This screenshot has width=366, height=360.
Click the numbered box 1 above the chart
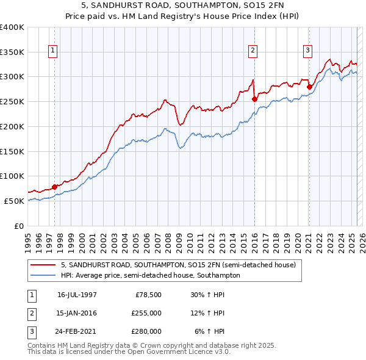click(x=54, y=51)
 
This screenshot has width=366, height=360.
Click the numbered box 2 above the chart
click(x=253, y=51)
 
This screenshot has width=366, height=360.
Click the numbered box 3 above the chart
click(x=308, y=51)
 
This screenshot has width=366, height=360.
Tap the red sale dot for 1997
click(x=54, y=187)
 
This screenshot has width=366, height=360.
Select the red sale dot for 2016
click(x=254, y=99)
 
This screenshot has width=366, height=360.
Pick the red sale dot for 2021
click(x=309, y=87)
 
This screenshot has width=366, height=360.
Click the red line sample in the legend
click(x=43, y=265)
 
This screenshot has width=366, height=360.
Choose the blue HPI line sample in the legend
click(x=43, y=275)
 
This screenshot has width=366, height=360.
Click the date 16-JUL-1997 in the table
click(x=77, y=295)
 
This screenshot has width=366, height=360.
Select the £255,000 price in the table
click(x=146, y=313)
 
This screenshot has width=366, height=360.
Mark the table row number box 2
click(x=30, y=313)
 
